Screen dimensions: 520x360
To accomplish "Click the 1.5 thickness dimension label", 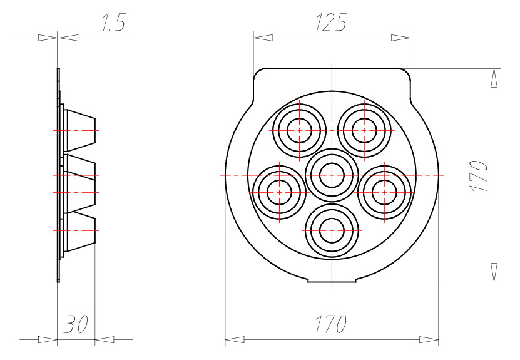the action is click(113, 23).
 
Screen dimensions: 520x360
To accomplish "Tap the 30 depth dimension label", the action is click(76, 324).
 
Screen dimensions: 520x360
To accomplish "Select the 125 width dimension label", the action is click(330, 23).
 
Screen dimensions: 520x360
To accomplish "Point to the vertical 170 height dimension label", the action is click(479, 176).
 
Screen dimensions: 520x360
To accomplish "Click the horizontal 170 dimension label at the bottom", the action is click(330, 324).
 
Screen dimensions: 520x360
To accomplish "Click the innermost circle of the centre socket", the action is click(332, 175).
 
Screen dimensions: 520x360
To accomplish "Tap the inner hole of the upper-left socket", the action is click(300, 131).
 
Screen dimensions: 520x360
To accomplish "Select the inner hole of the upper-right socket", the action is click(364, 131).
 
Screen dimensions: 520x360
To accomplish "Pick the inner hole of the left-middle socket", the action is click(279, 192).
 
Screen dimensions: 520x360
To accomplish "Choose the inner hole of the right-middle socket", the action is click(384, 192).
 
